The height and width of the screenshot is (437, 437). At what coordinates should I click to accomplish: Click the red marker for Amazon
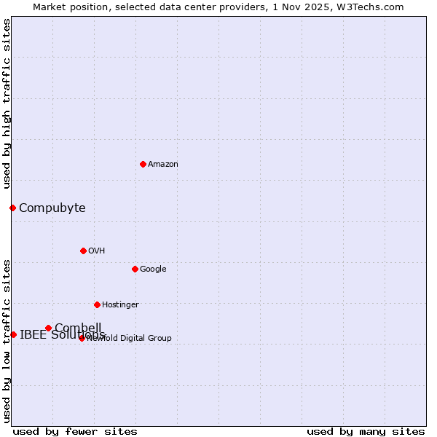tap(143, 164)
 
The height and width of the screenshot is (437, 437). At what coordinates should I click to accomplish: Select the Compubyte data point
tap(12, 208)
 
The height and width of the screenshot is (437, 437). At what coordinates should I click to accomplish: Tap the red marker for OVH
tap(83, 251)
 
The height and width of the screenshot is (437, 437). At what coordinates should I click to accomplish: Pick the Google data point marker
tap(135, 269)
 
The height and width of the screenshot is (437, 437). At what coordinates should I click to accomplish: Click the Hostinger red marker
tap(97, 304)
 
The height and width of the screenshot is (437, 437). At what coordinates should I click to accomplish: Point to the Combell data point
tap(49, 328)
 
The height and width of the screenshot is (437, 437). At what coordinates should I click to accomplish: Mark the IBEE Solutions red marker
tap(13, 334)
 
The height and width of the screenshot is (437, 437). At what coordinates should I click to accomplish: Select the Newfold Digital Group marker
tap(82, 338)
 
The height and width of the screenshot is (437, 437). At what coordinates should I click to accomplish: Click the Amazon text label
tap(163, 165)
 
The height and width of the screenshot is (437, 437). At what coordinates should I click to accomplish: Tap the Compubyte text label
tap(52, 208)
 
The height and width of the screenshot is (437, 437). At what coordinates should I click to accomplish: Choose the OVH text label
tap(97, 251)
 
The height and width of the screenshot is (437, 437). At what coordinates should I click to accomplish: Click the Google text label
tap(153, 269)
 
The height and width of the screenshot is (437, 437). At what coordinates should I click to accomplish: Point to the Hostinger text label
tap(120, 305)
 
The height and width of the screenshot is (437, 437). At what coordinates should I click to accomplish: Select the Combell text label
tap(78, 327)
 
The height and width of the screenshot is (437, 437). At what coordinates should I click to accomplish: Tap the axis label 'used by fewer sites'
tap(75, 432)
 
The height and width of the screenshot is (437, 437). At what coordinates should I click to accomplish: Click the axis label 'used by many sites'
tap(366, 432)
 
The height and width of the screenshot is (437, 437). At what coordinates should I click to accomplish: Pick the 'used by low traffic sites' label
tap(7, 341)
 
